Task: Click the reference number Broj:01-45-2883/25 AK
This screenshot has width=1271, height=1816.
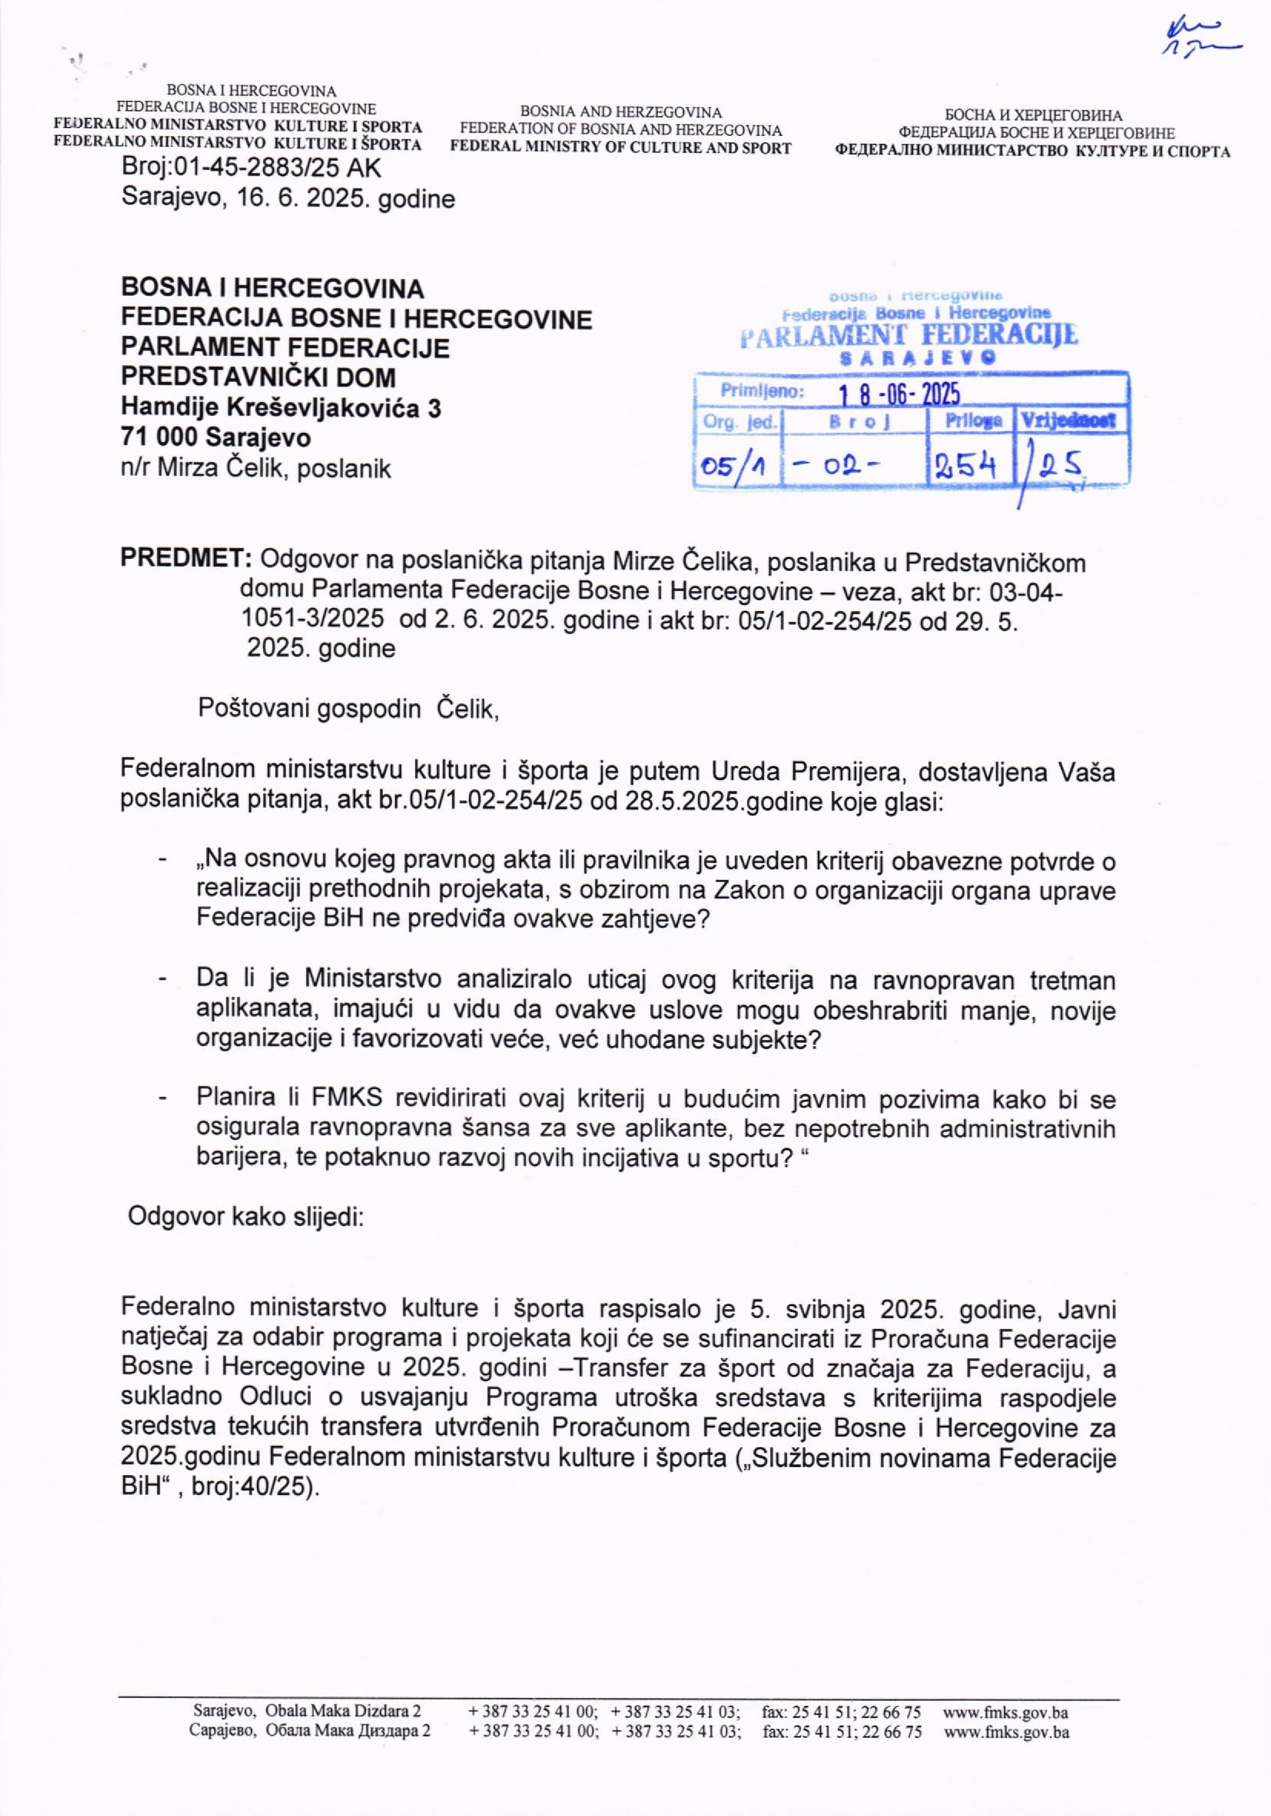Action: tap(251, 169)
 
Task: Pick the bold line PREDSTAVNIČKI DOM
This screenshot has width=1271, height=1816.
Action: tap(258, 377)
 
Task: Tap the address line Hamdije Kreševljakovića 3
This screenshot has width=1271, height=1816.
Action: tap(281, 407)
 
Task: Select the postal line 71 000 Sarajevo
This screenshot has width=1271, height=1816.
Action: tap(215, 438)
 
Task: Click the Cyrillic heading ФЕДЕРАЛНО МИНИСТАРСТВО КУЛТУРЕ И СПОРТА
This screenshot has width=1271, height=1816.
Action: tap(1033, 151)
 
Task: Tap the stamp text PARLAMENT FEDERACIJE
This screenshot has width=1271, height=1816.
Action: tap(908, 335)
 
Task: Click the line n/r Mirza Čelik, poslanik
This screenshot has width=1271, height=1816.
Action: tap(256, 468)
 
